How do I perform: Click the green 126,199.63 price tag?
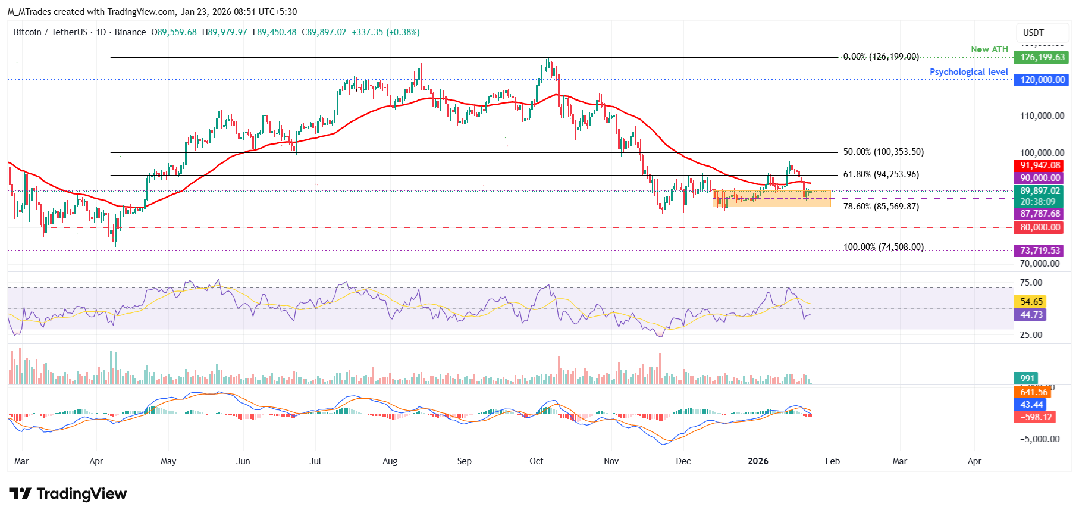pos(1042,58)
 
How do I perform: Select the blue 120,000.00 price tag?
pos(1042,80)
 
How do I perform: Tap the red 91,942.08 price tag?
pos(1040,166)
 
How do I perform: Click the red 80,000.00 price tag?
pos(1040,227)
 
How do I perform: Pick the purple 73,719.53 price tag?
pos(1040,251)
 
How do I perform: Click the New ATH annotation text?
pos(989,49)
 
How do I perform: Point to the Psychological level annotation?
pos(968,72)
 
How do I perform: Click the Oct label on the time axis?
pos(536,461)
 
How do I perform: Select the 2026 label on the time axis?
pos(758,461)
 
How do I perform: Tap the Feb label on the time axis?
pos(832,461)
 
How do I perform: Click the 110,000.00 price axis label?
pos(1042,116)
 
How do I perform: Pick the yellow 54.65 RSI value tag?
pos(1031,302)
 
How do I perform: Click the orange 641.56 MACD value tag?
pos(1034,392)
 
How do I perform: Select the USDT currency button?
pos(1033,33)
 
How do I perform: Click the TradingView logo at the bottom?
pos(68,494)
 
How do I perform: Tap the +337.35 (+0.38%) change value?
pos(385,32)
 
